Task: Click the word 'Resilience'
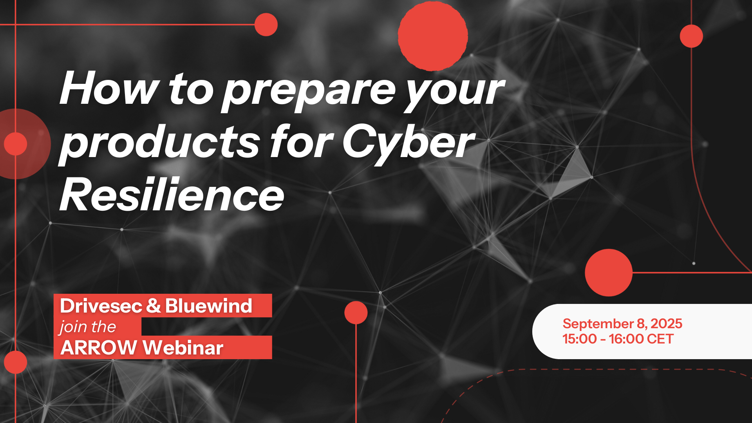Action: pos(172,194)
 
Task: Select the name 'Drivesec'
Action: pos(101,306)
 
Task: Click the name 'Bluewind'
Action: pos(209,306)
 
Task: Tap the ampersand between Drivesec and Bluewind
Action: pos(154,306)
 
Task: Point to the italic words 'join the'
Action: pos(88,327)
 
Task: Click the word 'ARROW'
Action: pos(99,348)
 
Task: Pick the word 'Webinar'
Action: pos(183,348)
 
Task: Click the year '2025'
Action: pos(666,324)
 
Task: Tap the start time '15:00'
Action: pos(580,339)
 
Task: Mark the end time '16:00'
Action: pos(626,339)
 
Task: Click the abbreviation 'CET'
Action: pos(660,339)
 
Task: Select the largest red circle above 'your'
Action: pos(433,36)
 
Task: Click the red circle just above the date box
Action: pos(609,273)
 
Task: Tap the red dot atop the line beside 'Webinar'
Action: pos(356,313)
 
